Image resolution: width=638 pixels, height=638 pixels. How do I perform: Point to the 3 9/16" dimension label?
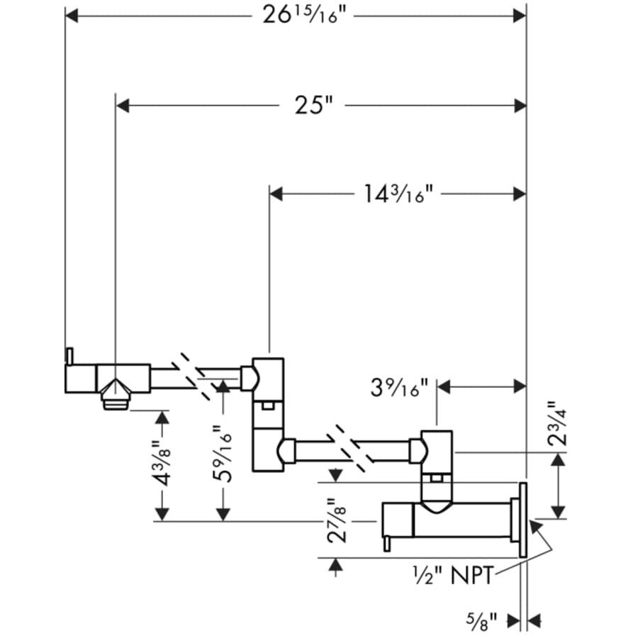pyautogui.click(x=400, y=388)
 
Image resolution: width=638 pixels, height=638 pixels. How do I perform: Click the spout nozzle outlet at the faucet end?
pyautogui.click(x=115, y=401)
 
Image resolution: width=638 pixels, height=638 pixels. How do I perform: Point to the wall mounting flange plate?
pyautogui.click(x=522, y=521)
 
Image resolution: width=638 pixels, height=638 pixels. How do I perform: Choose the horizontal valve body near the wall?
pyautogui.click(x=447, y=520)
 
